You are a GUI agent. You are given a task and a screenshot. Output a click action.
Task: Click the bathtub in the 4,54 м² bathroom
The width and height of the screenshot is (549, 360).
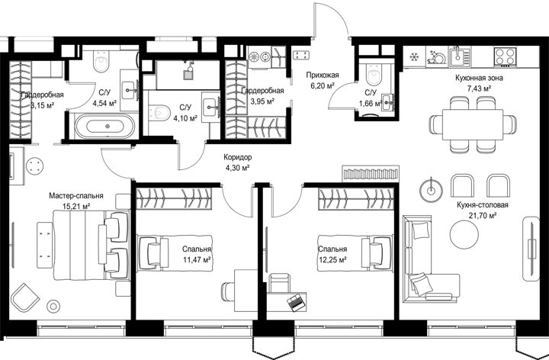pos(105,126)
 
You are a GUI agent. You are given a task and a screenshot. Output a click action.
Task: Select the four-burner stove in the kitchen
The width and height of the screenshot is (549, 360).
pos(505,56)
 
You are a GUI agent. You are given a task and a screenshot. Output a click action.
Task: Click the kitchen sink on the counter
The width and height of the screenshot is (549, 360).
pos(460,56)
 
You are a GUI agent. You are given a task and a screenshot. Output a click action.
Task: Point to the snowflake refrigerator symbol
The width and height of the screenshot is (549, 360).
pos(415,56)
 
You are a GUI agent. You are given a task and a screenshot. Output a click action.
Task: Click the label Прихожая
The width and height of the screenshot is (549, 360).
pos(323,75)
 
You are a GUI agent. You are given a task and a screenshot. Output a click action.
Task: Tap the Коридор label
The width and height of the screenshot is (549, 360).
pos(237,158)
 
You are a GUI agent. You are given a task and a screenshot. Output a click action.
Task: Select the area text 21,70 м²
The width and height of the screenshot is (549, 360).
pos(482,215)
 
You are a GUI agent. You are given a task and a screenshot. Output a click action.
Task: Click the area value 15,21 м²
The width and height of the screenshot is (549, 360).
pos(76,206)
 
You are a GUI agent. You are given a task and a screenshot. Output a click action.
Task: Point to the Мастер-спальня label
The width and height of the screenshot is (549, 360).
pos(76,196)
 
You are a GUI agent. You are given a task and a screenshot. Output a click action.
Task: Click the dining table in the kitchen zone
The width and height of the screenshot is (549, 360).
pos(472,124)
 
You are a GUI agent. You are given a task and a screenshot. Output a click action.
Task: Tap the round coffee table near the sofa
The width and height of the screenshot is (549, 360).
pos(464,235)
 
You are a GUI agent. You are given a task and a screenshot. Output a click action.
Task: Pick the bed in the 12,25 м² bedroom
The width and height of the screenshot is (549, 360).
pos(355,253)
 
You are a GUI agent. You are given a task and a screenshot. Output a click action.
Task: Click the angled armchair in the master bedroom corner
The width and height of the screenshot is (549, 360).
pos(24,297)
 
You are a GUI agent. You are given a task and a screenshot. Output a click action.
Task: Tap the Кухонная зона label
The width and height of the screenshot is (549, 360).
pos(479,78)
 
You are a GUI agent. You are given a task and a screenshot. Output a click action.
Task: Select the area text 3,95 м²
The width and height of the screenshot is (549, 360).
pos(262,101)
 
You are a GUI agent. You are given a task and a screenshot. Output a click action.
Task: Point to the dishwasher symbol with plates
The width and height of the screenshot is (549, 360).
pos(436,57)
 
